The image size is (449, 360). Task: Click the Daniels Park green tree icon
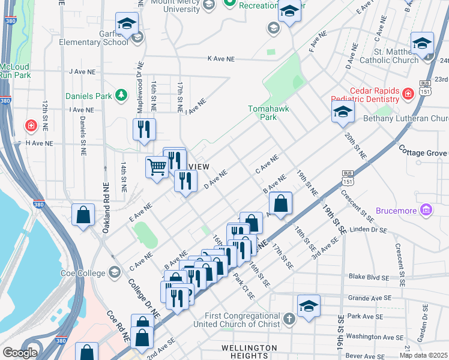[121, 95]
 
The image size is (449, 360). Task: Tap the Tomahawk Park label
[262, 113]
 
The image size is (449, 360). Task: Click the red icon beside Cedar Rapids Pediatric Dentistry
[408, 94]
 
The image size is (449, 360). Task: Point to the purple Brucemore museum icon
[426, 211]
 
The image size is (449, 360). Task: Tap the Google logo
[20, 353]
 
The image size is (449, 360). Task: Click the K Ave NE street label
[220, 59]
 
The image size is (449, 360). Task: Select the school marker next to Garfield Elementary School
[126, 24]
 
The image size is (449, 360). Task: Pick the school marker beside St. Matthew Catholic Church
[422, 43]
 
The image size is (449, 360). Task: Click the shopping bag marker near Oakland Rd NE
[83, 214]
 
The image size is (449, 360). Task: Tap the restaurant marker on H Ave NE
[144, 129]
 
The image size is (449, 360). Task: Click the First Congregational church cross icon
[288, 319]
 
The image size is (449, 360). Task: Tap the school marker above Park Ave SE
[309, 305]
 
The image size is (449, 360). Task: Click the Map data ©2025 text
[423, 355]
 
